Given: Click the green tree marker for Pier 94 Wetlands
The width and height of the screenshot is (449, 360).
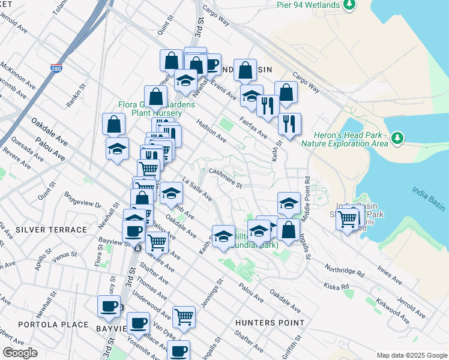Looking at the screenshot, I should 349,5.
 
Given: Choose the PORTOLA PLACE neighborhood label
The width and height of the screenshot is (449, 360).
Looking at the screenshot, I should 44,325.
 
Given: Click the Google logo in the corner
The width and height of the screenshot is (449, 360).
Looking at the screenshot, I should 20,353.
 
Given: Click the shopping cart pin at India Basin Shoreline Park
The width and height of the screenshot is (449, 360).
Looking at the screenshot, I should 348,219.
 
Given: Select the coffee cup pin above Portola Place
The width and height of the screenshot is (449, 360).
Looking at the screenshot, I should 109,306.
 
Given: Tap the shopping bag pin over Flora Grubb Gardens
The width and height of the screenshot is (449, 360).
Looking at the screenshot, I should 155,96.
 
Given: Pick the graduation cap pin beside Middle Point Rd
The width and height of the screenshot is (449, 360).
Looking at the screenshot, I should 289,203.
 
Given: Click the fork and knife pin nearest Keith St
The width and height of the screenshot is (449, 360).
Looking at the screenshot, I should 289,124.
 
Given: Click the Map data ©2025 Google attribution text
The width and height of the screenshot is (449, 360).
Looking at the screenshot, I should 411,355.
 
